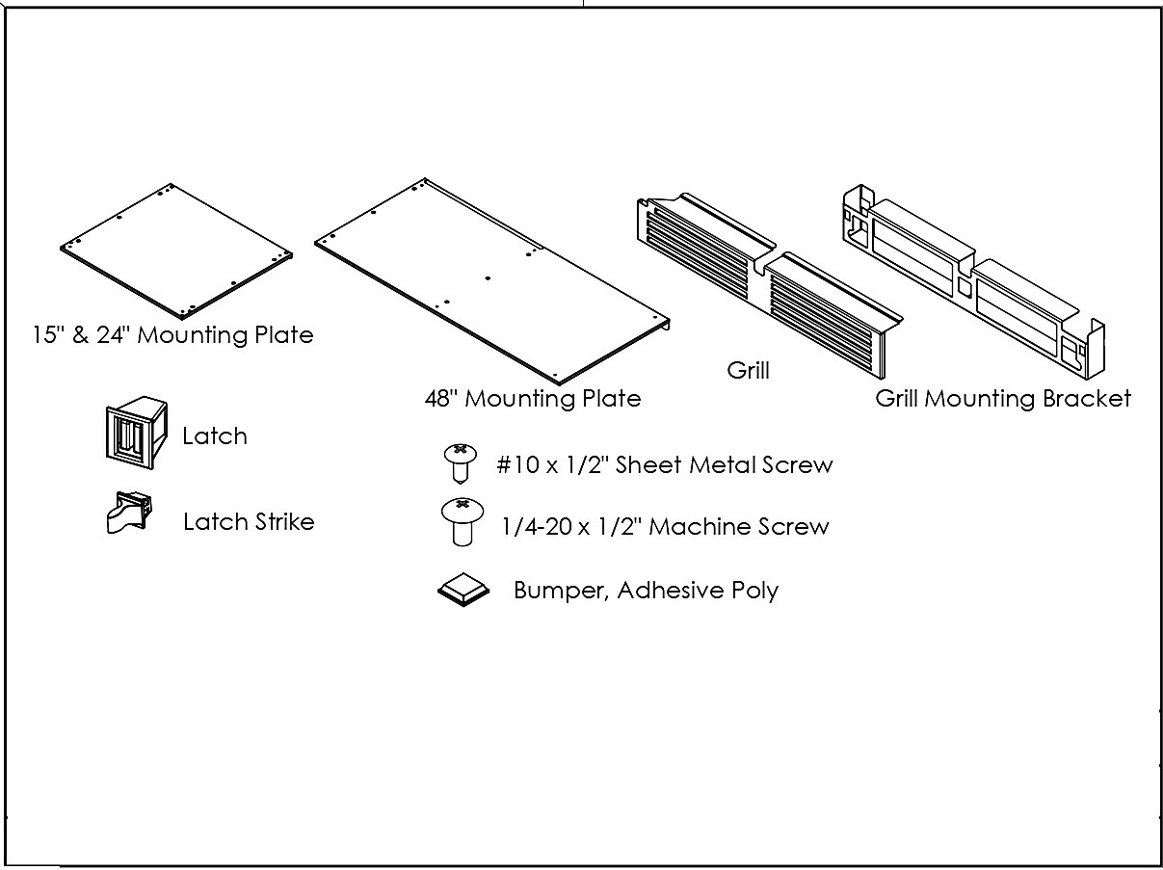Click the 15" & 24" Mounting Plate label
click(172, 335)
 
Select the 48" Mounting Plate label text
click(533, 399)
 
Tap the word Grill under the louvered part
click(748, 370)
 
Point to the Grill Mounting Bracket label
click(1003, 399)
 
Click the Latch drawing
click(137, 433)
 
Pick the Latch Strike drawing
click(129, 513)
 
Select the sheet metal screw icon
click(460, 463)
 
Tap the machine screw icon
click(463, 521)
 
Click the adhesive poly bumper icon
click(463, 590)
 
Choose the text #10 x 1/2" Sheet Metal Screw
click(665, 464)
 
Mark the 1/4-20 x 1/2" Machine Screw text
click(665, 527)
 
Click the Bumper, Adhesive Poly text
click(646, 591)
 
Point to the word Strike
click(285, 522)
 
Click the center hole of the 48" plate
click(488, 278)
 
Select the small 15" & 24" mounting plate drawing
click(176, 251)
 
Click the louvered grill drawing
click(770, 286)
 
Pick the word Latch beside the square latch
click(215, 436)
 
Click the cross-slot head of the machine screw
click(463, 504)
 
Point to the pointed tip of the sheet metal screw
click(460, 482)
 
